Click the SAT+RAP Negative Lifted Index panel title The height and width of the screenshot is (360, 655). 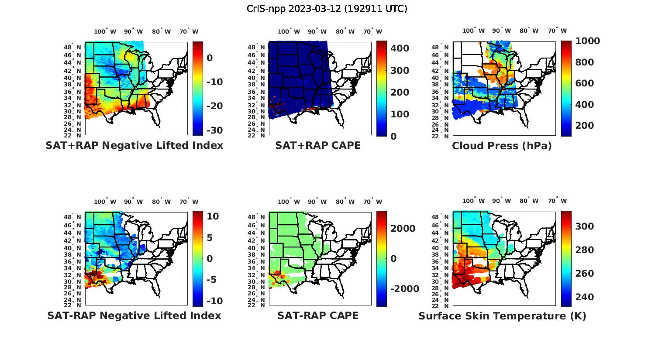(x=134, y=145)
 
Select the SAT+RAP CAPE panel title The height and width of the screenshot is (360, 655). (x=318, y=145)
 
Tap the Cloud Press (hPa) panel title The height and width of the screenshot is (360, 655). (x=502, y=146)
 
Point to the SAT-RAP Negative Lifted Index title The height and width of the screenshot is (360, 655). (x=134, y=315)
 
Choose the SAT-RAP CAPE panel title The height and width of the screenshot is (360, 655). (x=318, y=315)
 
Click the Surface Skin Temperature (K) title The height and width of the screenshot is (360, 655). (x=502, y=316)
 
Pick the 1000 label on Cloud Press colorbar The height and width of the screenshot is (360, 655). (x=587, y=41)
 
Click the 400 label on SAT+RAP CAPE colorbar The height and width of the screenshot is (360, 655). (x=400, y=48)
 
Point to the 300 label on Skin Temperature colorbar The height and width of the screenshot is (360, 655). (x=585, y=226)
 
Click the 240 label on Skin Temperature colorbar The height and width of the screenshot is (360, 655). (x=585, y=297)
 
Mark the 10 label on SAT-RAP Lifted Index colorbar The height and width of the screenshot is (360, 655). (x=213, y=216)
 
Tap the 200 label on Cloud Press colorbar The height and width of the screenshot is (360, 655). (x=585, y=126)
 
